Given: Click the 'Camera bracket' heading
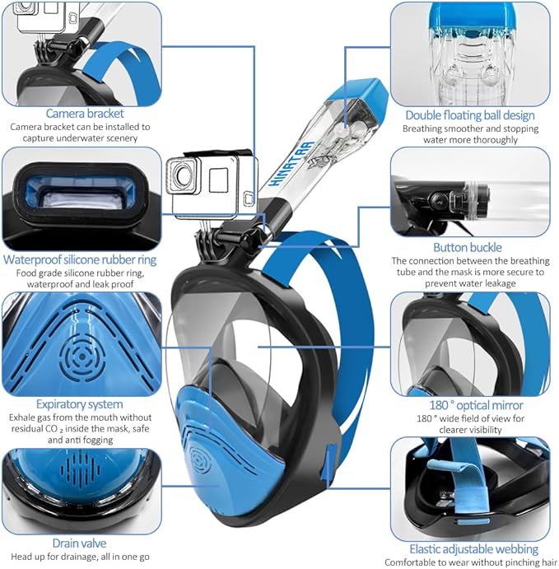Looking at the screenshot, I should (x=85, y=114).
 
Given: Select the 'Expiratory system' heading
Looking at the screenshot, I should (x=79, y=404).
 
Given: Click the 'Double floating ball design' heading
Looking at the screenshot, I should (x=469, y=115).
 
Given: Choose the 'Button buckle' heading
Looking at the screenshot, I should (x=467, y=247).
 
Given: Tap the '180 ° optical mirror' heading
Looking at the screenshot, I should (x=471, y=405).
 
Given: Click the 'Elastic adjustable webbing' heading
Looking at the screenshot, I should (x=473, y=548).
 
